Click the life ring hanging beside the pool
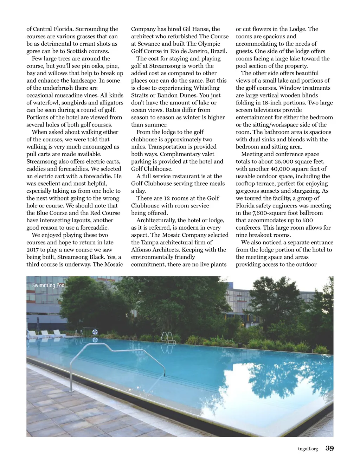point(95,332)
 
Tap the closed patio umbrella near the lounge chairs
point(38,323)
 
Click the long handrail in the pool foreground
point(116,355)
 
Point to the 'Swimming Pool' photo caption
point(49,285)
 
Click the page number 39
point(330,448)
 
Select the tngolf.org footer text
point(308,448)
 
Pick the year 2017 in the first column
point(33,250)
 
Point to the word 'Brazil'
point(218,51)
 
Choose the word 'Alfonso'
point(141,250)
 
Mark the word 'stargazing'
point(304,191)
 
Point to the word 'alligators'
point(110,103)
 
